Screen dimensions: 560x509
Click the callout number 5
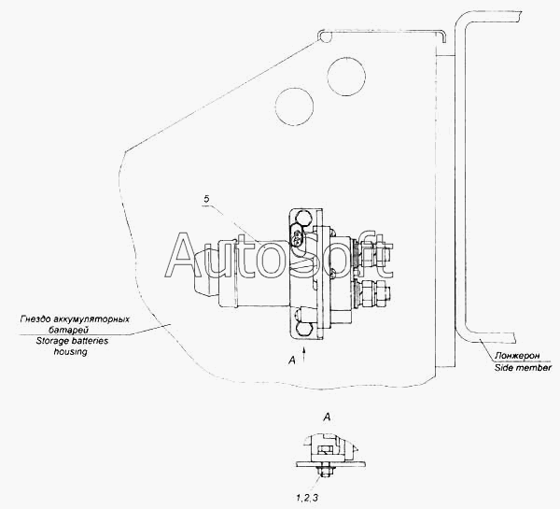coord(206,200)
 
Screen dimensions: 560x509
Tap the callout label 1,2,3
coord(307,498)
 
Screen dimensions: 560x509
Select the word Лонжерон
coord(517,356)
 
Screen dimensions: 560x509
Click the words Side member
coord(523,368)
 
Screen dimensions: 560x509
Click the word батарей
coord(68,330)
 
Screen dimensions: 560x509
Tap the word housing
coord(70,352)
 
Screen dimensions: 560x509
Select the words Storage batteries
coord(72,341)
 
